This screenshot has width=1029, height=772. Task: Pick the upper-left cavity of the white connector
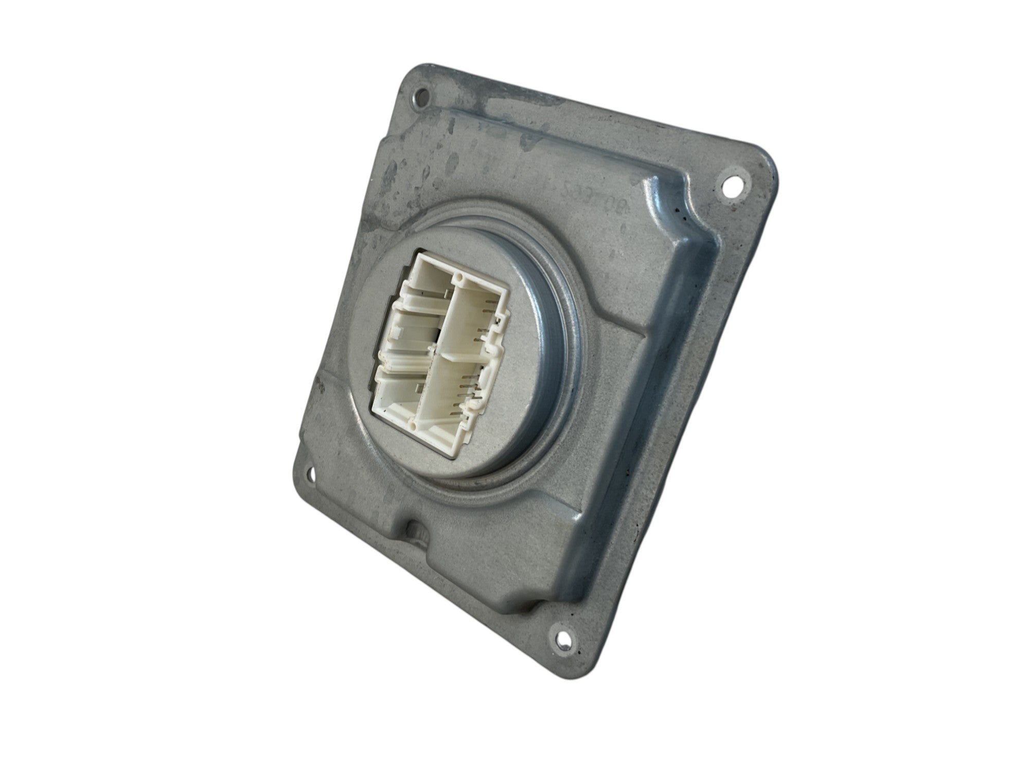coord(416,329)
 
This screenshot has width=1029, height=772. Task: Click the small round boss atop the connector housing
coord(461,279)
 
